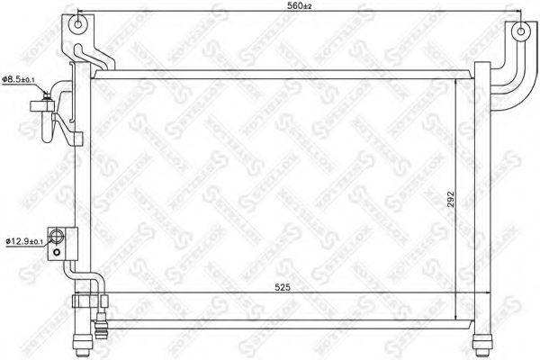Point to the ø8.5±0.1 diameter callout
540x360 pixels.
[18, 81]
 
